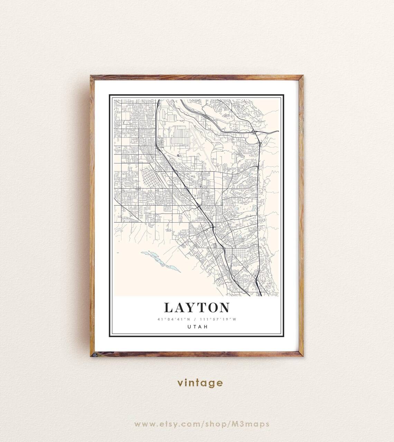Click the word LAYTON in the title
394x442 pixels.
click(197, 307)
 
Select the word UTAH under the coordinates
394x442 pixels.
click(197, 327)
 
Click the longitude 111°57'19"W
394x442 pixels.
click(219, 319)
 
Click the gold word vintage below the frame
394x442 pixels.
click(200, 383)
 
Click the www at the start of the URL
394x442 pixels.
click(142, 424)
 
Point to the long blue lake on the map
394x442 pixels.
click(160, 261)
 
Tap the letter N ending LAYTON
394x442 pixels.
click(224, 307)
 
